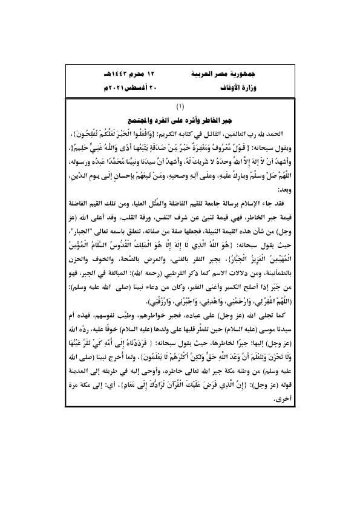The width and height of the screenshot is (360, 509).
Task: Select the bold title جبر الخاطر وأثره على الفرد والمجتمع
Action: click(180, 118)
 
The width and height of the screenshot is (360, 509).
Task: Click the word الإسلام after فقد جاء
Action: click(249, 206)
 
